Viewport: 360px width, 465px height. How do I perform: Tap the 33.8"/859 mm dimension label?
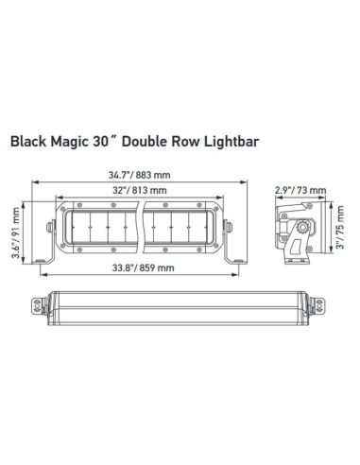pyautogui.click(x=138, y=268)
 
